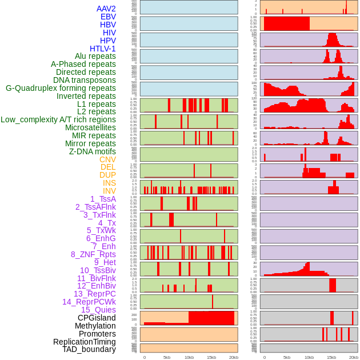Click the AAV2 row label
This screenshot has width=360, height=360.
pyautogui.click(x=106, y=9)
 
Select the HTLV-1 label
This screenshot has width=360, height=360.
pyautogui.click(x=103, y=49)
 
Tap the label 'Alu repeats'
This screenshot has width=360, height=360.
pyautogui.click(x=95, y=56)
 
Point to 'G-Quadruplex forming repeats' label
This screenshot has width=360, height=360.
pyautogui.click(x=61, y=88)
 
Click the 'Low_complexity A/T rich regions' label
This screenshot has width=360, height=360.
pyautogui.click(x=58, y=119)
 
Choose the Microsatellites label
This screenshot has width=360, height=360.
pyautogui.click(x=90, y=127)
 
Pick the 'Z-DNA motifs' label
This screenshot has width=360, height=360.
pyautogui.click(x=93, y=151)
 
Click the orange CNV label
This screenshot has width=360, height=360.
pyautogui.click(x=107, y=159)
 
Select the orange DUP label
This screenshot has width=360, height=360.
pyautogui.click(x=107, y=175)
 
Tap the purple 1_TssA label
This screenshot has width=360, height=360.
pyautogui.click(x=103, y=199)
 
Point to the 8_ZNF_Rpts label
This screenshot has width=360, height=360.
pyautogui.click(x=93, y=254)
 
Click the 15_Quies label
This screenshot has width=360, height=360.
pyautogui.click(x=98, y=310)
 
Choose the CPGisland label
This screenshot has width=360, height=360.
pyautogui.click(x=97, y=318)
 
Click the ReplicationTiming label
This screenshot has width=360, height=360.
pyautogui.click(x=85, y=342)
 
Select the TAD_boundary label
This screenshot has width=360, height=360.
pyautogui.click(x=89, y=349)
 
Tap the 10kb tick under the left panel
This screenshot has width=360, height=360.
pyautogui.click(x=189, y=357)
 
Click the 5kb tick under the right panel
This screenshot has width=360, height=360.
pyautogui.click(x=286, y=357)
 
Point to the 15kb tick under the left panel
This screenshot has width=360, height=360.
pyautogui.click(x=211, y=357)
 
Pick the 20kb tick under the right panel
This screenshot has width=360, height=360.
pyautogui.click(x=354, y=357)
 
